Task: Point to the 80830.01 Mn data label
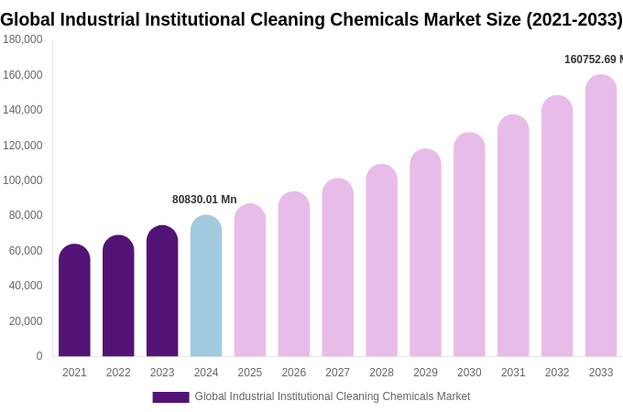[204, 200]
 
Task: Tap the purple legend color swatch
[170, 397]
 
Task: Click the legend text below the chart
[332, 396]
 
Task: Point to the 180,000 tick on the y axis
[23, 39]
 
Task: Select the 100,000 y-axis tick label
[23, 180]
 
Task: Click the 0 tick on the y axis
[38, 356]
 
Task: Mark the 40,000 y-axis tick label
[26, 286]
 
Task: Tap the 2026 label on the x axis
[294, 373]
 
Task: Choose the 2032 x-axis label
[557, 373]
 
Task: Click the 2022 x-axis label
[118, 373]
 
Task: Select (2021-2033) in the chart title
[574, 19]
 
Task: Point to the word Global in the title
[31, 19]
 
